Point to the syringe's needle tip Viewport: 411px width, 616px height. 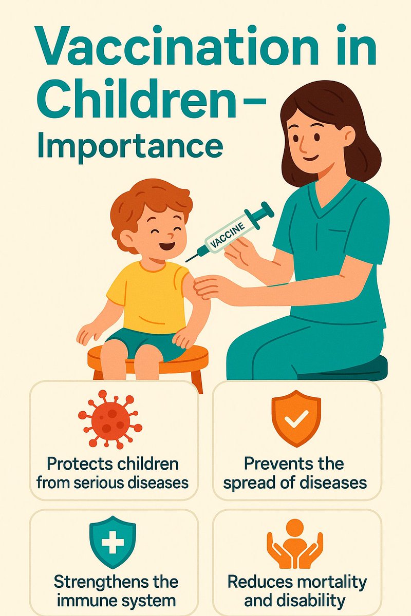186,260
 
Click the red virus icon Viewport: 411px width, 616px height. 110,418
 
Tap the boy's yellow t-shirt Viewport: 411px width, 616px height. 146,298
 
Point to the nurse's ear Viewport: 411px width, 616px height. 349,136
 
